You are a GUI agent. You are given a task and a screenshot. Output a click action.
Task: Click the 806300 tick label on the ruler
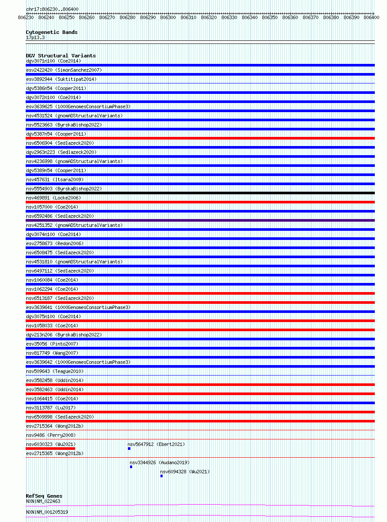[168, 17]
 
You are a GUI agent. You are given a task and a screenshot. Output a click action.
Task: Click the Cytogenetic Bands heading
[51, 32]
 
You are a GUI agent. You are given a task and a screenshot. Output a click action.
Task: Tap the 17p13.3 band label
[35, 37]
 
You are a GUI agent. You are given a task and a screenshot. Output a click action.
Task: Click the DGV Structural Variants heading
[60, 56]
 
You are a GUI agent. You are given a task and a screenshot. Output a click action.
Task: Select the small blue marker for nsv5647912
[129, 449]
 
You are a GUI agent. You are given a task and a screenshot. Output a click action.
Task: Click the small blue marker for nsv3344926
[131, 467]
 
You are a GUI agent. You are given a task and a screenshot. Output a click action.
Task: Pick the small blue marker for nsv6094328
[161, 476]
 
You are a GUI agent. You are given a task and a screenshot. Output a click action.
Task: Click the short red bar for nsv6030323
[50, 449]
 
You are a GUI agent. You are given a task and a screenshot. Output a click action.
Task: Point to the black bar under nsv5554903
[200, 193]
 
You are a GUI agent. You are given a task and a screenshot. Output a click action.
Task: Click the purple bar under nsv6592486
[200, 220]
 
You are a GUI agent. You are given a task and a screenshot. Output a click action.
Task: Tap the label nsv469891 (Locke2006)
[53, 198]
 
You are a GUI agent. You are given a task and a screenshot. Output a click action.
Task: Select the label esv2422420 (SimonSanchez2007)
[64, 70]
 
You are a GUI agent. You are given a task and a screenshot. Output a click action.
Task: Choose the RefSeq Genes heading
[44, 496]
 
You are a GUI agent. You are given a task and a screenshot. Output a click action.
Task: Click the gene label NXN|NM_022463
[43, 501]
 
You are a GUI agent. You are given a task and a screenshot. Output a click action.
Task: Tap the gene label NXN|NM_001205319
[47, 512]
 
